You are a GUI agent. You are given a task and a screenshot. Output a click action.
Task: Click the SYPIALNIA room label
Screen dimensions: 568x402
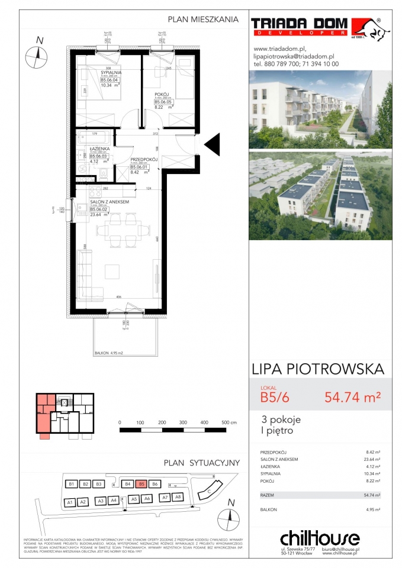[x=111, y=72]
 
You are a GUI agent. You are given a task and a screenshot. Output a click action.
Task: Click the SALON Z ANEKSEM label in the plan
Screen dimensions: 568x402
[x=109, y=202]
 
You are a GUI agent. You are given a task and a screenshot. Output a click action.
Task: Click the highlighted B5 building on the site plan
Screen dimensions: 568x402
[x=141, y=484]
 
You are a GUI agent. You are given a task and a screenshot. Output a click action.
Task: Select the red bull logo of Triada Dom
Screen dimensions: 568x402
[x=366, y=27]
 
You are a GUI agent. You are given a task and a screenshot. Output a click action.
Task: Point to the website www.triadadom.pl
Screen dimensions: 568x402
[x=279, y=49]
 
